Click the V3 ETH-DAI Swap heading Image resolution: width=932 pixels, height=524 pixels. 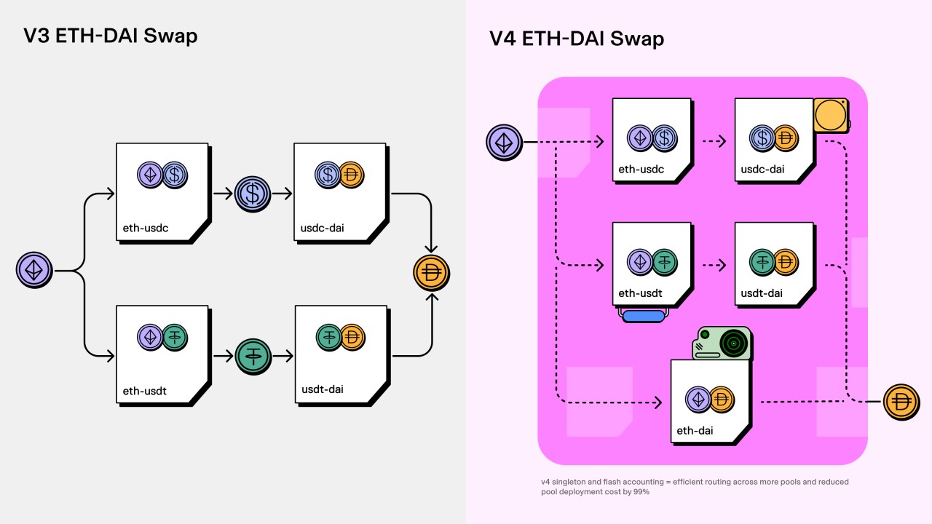tap(110, 35)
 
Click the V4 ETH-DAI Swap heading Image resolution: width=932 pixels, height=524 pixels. tap(576, 38)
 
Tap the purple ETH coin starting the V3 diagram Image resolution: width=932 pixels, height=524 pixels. tap(34, 271)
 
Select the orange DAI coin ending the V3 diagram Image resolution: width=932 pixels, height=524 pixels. tap(431, 274)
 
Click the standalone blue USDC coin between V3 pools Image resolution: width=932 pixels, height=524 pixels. tap(253, 194)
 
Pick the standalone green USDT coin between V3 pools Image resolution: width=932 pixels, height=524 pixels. tap(253, 356)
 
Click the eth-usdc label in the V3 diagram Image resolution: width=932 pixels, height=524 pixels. tap(146, 228)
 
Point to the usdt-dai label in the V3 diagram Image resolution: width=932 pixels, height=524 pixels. tap(323, 389)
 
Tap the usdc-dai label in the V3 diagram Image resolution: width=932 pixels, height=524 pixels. tap(323, 228)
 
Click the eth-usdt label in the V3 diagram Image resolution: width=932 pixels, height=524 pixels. tap(144, 391)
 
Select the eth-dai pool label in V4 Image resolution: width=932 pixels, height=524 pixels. tap(695, 431)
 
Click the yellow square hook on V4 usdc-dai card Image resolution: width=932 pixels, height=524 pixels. tap(831, 116)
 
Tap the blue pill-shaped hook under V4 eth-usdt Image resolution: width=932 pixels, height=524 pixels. tap(643, 316)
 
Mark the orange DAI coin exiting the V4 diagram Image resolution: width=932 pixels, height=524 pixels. tap(901, 402)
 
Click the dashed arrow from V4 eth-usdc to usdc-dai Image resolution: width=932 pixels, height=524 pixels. tap(714, 142)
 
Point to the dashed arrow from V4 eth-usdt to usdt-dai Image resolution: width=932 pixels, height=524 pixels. tap(714, 266)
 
